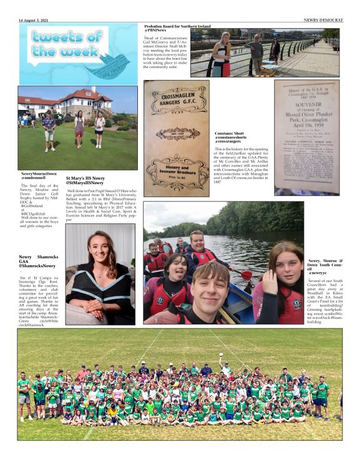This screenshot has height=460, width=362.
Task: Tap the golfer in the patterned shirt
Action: [49, 127]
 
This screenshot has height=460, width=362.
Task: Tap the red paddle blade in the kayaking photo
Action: [247, 274]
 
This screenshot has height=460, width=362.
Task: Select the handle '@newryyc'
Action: [317, 273]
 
